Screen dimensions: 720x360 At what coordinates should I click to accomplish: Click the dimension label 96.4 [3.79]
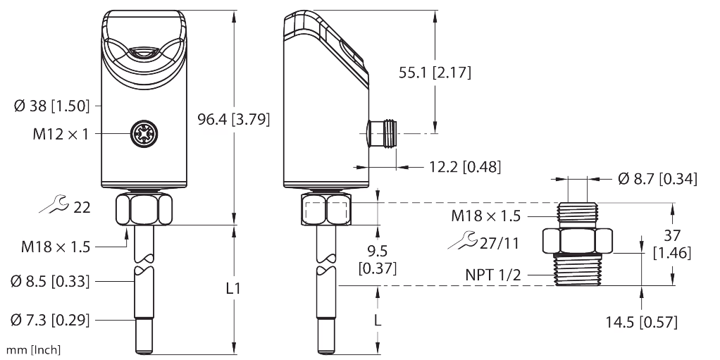click(234, 119)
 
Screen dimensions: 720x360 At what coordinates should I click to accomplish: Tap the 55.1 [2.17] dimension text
click(435, 73)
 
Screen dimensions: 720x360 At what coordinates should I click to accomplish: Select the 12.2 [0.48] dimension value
click(464, 167)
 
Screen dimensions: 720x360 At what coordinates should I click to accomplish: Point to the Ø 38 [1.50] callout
click(51, 106)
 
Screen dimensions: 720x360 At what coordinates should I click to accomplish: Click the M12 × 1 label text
click(60, 134)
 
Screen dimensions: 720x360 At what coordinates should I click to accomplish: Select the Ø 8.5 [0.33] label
click(50, 281)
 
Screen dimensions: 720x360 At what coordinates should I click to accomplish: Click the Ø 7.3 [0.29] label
click(50, 320)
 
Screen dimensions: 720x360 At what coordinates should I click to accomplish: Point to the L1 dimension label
click(234, 288)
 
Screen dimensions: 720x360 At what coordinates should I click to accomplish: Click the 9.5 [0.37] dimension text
click(378, 259)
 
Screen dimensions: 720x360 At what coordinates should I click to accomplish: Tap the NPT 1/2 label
click(494, 275)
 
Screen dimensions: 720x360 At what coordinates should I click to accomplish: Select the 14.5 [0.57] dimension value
click(641, 322)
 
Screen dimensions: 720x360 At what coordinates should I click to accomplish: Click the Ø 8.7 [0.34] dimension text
click(657, 179)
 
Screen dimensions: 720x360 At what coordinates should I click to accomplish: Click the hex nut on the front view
click(144, 209)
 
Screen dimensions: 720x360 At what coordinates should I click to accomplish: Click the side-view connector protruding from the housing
click(382, 133)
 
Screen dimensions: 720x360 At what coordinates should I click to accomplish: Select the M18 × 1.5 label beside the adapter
click(486, 216)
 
